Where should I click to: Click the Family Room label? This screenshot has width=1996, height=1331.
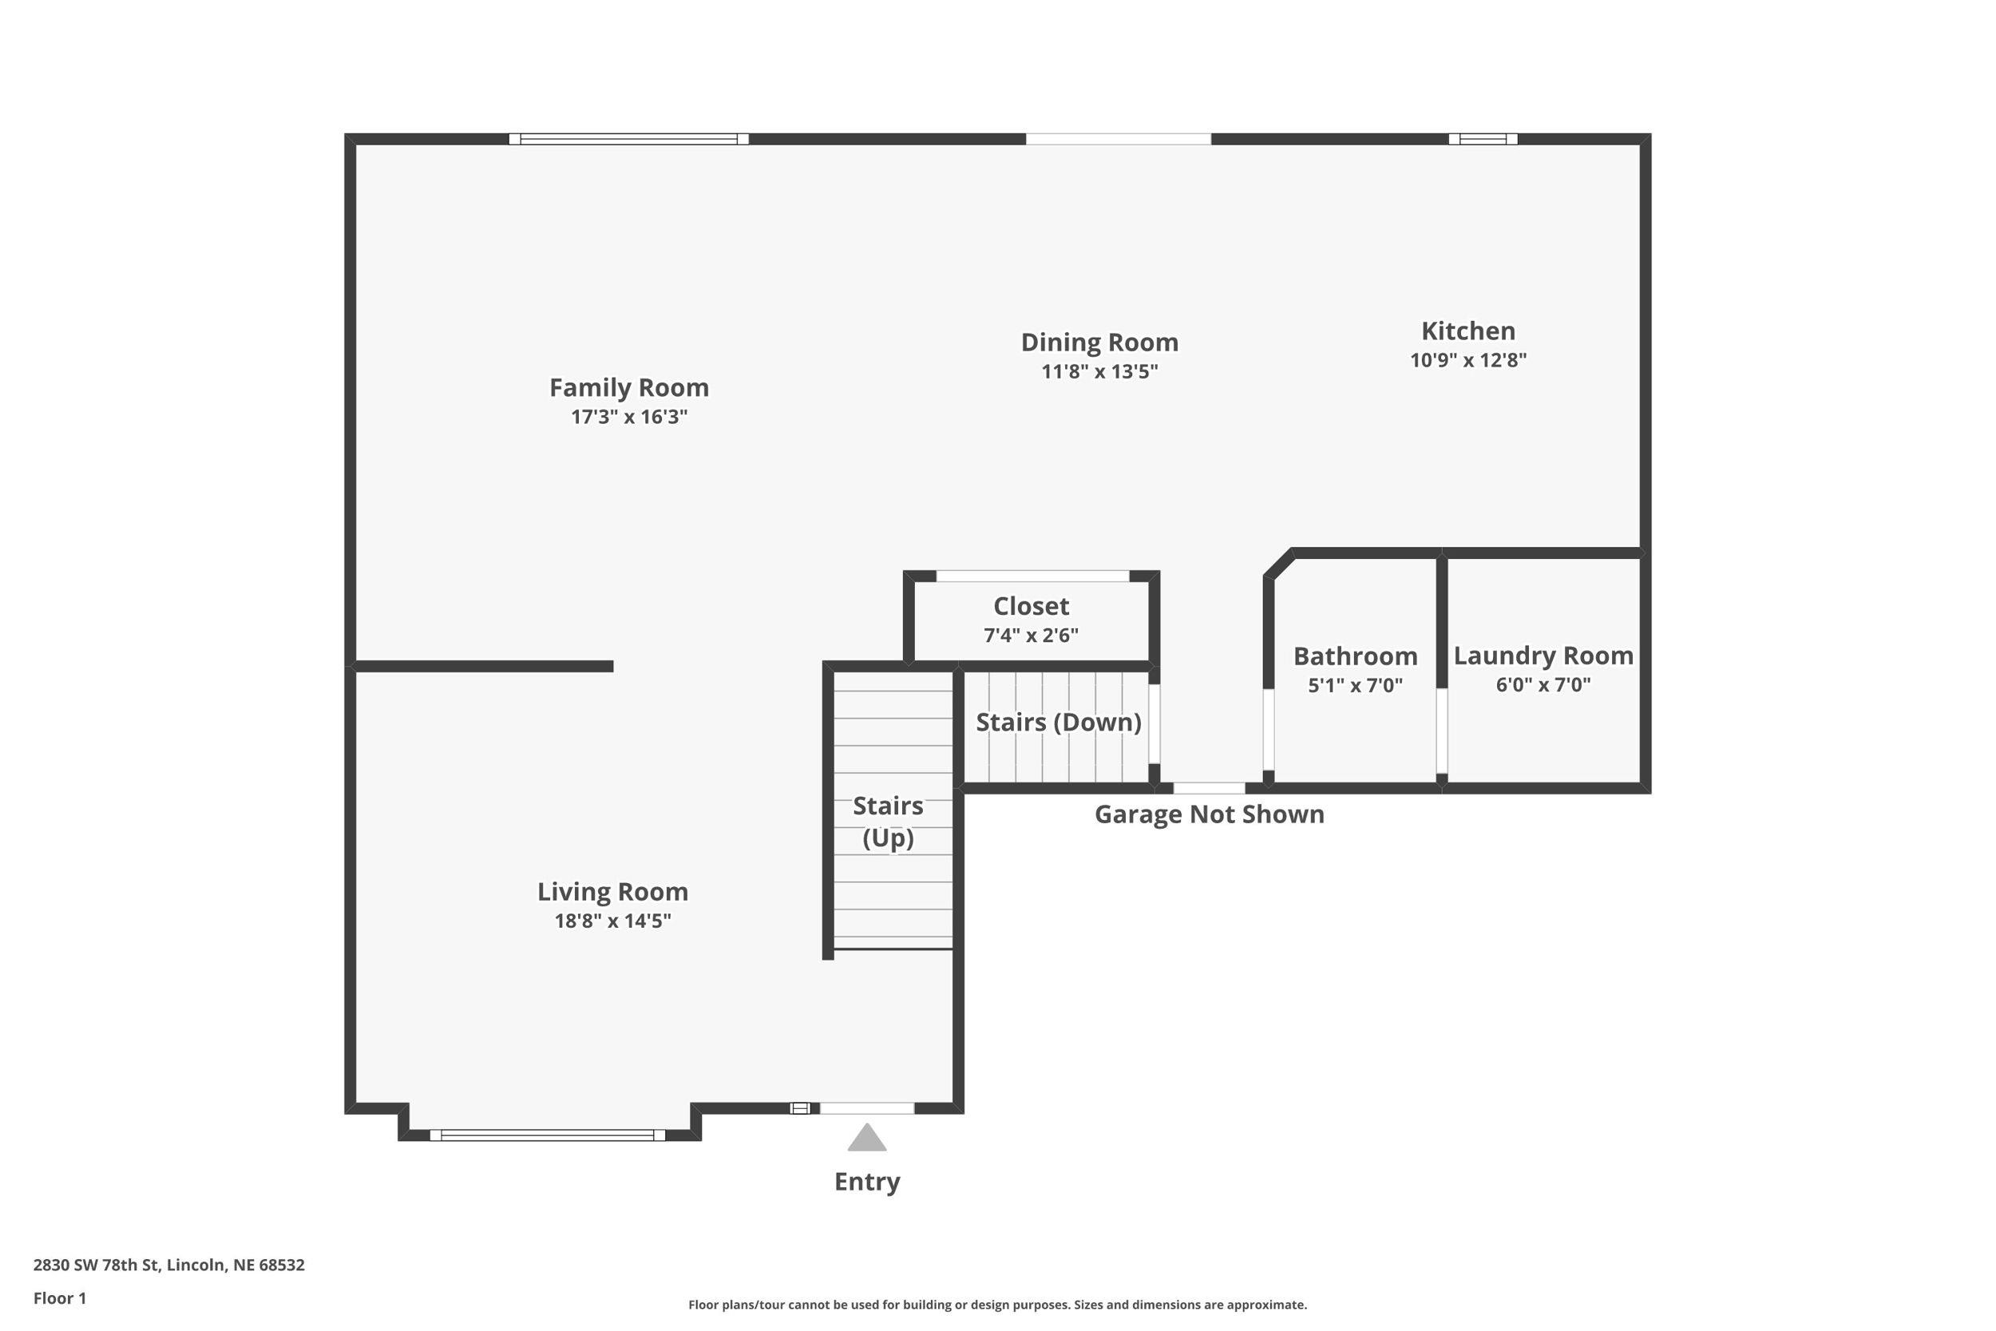pos(629,388)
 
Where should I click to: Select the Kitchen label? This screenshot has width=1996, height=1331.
pos(1467,331)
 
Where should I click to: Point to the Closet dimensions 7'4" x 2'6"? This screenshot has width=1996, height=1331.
pos(1030,635)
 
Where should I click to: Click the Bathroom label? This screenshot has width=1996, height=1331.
pos(1354,656)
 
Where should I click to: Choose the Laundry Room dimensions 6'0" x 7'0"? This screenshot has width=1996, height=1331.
pos(1542,685)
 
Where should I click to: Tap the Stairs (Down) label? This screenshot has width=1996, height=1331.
pos(1057,723)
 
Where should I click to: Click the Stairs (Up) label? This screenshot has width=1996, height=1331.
pos(888,822)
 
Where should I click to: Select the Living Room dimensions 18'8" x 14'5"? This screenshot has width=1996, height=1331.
pos(612,921)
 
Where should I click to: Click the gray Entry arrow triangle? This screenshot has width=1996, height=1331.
pos(866,1139)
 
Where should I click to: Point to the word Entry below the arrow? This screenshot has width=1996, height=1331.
pos(866,1182)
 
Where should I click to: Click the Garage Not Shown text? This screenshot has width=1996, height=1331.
pos(1209,815)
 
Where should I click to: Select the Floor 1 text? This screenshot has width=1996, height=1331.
pos(59,1298)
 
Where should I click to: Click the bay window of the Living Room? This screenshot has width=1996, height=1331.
pos(548,1135)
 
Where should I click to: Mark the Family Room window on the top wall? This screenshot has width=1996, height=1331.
pos(628,139)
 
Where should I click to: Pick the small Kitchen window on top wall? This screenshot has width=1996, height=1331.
pos(1482,139)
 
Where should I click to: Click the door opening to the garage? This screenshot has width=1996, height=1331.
pos(1209,789)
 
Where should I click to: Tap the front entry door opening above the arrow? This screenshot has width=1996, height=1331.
pos(866,1107)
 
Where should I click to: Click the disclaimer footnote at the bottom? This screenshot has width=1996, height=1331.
pos(997,1305)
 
